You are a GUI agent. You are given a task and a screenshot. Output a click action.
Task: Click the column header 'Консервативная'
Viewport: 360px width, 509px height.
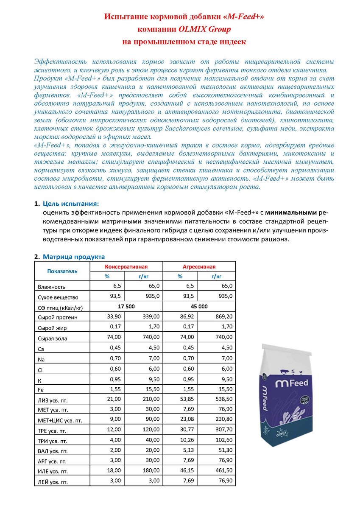click(126, 267)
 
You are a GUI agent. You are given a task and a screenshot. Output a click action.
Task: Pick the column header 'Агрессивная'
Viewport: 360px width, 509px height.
click(199, 267)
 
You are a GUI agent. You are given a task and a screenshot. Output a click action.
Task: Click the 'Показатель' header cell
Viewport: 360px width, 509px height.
click(62, 271)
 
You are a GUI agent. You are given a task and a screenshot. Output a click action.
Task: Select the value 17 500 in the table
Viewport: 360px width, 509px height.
click(126, 306)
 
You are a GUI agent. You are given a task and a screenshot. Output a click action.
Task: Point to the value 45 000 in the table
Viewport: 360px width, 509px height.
click(199, 306)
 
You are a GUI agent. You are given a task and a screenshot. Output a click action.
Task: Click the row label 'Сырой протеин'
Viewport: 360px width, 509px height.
click(58, 317)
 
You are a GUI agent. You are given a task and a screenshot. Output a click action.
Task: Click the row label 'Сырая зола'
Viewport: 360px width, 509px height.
click(53, 338)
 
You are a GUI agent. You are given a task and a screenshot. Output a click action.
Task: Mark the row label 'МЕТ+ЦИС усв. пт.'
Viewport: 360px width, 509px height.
click(60, 420)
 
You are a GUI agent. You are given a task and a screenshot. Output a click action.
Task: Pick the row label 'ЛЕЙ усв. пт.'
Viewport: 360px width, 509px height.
click(53, 482)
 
